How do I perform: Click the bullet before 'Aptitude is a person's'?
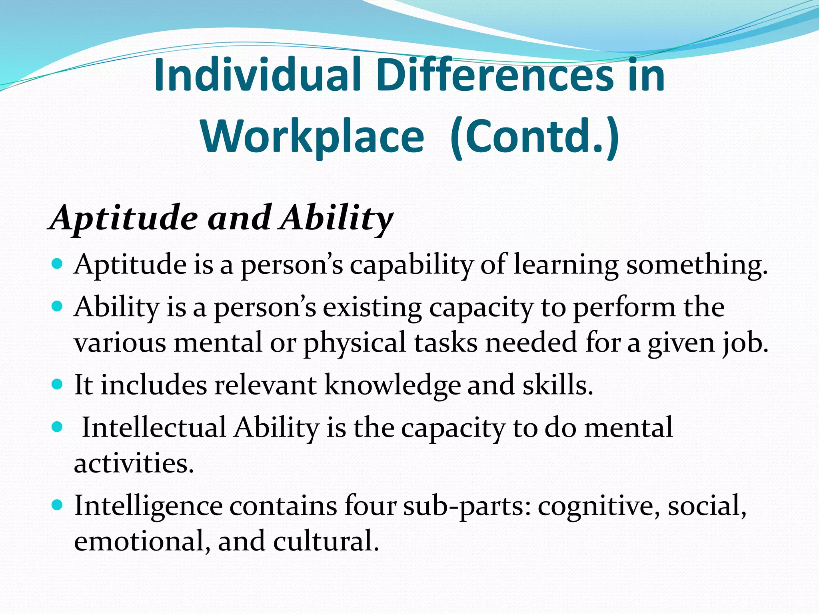[58, 264]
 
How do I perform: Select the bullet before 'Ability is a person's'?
[58, 307]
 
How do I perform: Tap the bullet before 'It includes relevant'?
[58, 385]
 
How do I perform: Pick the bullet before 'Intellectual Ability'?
[58, 427]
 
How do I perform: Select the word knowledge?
[392, 385]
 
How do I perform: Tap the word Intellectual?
[154, 428]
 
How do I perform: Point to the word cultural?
[326, 541]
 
